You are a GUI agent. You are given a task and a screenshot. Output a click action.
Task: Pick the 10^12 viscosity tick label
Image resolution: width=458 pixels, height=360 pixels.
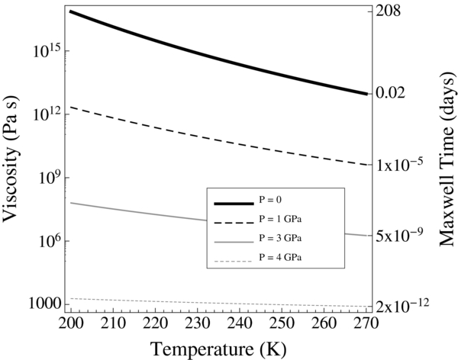tap(47, 113)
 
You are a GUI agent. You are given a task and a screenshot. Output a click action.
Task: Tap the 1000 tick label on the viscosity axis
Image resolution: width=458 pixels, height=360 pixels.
tap(46, 303)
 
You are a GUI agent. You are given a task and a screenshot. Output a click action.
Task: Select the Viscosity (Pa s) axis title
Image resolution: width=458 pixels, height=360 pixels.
tap(13, 160)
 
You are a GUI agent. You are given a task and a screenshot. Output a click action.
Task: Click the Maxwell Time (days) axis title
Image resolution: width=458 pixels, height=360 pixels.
tap(445, 160)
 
